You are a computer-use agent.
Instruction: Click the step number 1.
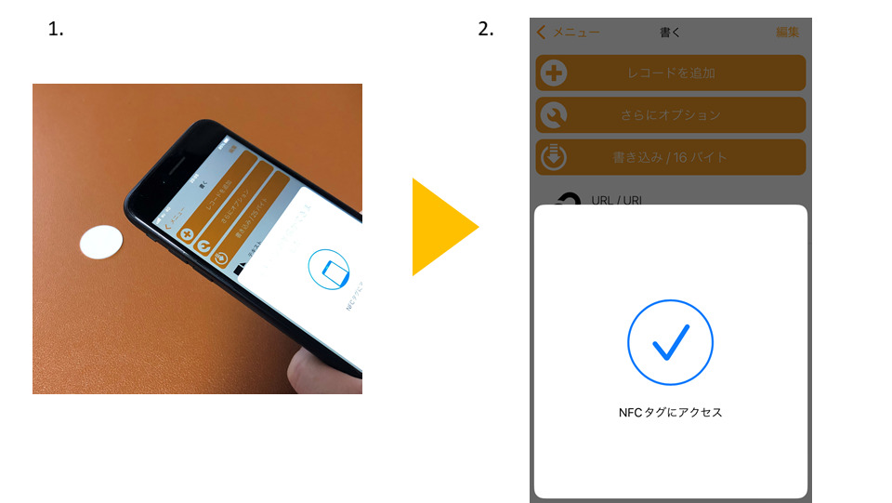coord(55,30)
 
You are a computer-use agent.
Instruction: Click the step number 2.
coord(485,30)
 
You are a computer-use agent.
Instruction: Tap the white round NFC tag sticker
coord(101,242)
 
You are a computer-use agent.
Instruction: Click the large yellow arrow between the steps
coord(444,228)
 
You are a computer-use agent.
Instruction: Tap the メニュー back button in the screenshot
coord(569,33)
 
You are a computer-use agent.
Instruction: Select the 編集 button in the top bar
coord(787,33)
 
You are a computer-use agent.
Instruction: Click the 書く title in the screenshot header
coord(670,33)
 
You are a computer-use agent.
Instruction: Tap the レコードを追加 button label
coord(669,73)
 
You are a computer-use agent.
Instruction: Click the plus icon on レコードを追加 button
coord(553,73)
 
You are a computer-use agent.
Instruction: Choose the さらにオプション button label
coord(670,115)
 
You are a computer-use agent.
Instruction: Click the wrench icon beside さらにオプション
coord(553,115)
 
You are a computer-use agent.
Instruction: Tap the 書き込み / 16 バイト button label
coord(670,157)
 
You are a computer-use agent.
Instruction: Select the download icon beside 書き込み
coord(553,157)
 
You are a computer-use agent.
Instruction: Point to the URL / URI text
coord(616,200)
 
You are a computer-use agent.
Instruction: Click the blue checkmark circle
coord(670,342)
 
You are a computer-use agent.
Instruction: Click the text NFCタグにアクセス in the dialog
coord(670,413)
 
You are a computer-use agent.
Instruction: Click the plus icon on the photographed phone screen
coord(186,234)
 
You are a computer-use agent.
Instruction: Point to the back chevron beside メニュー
coord(542,33)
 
